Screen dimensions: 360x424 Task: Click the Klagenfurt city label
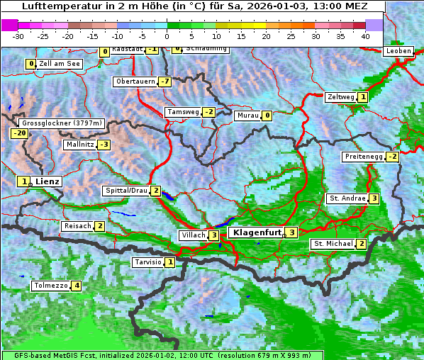pyautogui.click(x=255, y=232)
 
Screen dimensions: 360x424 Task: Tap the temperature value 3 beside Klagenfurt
pyautogui.click(x=291, y=232)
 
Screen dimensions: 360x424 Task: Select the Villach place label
pyautogui.click(x=193, y=235)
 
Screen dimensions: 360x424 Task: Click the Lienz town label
pyautogui.click(x=48, y=181)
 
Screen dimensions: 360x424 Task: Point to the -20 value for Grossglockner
pyautogui.click(x=19, y=133)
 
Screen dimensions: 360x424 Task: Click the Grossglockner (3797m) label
pyautogui.click(x=62, y=123)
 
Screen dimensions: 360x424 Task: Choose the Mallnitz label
pyautogui.click(x=79, y=145)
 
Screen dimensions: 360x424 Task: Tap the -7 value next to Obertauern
pyautogui.click(x=165, y=81)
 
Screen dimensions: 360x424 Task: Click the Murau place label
pyautogui.click(x=247, y=116)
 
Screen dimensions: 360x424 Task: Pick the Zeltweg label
pyautogui.click(x=340, y=97)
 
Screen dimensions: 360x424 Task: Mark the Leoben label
pyautogui.click(x=398, y=51)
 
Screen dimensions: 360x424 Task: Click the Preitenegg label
pyautogui.click(x=363, y=156)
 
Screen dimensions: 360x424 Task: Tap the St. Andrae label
pyautogui.click(x=347, y=198)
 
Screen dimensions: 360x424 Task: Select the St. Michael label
pyautogui.click(x=333, y=244)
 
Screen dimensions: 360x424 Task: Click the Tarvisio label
pyautogui.click(x=147, y=262)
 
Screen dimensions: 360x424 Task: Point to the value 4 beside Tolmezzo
pyautogui.click(x=77, y=286)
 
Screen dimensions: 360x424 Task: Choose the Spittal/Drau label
pyautogui.click(x=125, y=191)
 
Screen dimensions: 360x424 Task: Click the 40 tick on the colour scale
pyautogui.click(x=365, y=36)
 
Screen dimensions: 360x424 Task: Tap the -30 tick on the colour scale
pyautogui.click(x=18, y=36)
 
